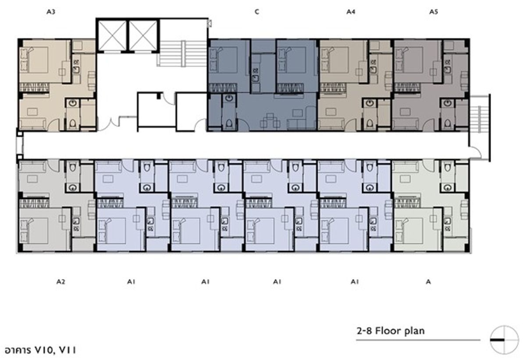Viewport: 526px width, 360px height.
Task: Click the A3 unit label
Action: point(51,12)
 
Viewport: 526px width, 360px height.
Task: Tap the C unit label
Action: point(257,12)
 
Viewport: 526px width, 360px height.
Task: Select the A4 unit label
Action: point(351,12)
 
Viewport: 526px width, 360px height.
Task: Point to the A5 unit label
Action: point(434,12)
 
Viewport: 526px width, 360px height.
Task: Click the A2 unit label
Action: point(60,282)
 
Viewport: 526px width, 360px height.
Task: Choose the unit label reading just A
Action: point(428,282)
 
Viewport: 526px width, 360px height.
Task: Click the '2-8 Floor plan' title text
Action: point(391,331)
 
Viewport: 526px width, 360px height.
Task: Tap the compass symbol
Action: point(504,340)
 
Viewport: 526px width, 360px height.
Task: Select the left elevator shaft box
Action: point(112,36)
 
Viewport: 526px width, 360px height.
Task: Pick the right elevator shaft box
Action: point(143,36)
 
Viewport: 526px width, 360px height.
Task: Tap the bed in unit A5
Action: point(409,60)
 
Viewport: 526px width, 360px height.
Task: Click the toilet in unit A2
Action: point(73,167)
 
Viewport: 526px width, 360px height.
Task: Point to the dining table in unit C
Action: point(270,121)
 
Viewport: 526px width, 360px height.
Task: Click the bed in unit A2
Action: point(34,231)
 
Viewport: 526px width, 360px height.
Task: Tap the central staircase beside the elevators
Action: point(182,54)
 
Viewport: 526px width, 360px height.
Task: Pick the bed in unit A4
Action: point(335,60)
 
